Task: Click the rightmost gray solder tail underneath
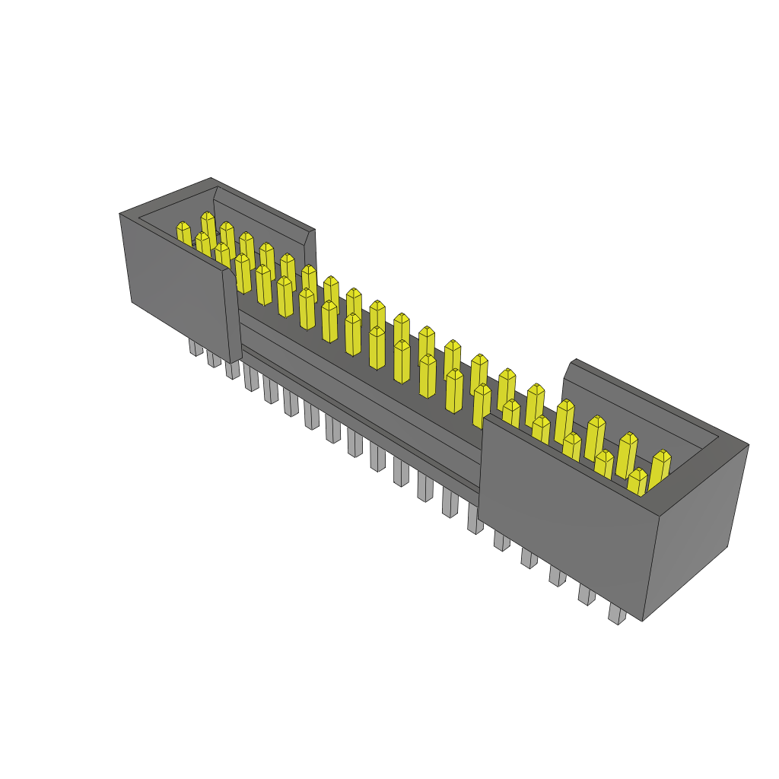click(617, 614)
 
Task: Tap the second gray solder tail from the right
click(587, 594)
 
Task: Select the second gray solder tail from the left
click(214, 358)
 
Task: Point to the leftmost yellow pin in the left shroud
click(183, 234)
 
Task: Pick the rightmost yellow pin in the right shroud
click(660, 466)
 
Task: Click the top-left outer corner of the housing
click(120, 214)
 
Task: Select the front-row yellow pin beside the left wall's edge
click(243, 274)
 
